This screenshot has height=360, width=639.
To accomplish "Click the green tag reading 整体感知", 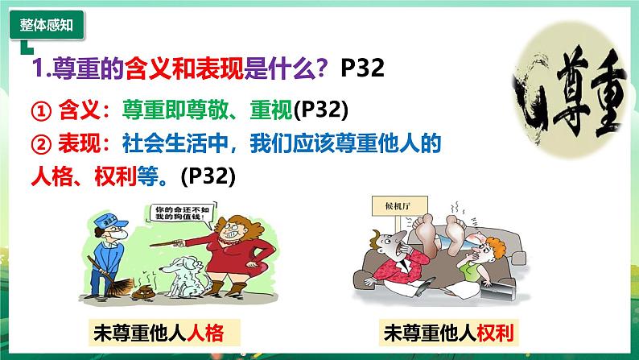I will click(46, 25).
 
